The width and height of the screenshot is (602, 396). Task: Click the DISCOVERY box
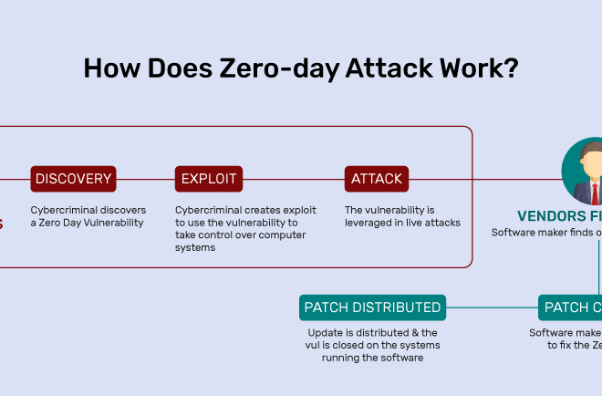tap(73, 179)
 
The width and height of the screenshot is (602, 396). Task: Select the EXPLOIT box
tap(209, 179)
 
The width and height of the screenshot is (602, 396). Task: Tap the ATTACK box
tap(377, 179)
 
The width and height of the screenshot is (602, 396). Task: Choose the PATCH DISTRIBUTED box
tap(373, 307)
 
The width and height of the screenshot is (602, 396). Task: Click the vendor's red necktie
tap(594, 193)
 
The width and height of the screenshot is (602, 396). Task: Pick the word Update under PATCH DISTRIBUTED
tap(325, 333)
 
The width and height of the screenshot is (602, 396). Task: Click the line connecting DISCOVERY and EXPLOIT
tap(146, 179)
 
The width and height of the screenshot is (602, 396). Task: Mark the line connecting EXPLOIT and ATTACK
tap(294, 179)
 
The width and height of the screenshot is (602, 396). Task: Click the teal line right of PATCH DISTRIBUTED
tap(493, 307)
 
